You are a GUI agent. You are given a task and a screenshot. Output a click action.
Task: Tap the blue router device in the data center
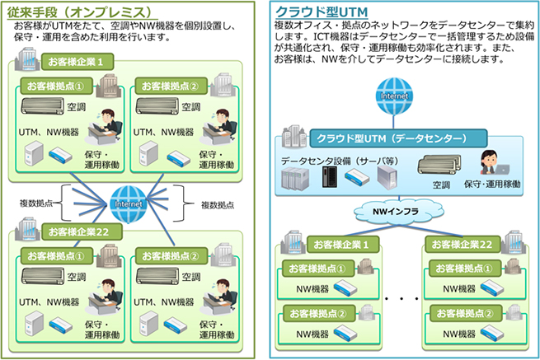pos(357,175)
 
